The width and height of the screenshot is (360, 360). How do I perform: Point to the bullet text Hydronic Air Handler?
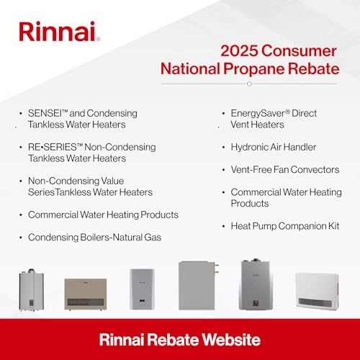coord(274,146)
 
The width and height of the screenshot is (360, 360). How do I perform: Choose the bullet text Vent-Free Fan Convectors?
coord(284,169)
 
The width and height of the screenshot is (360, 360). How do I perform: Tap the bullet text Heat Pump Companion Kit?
coord(286,226)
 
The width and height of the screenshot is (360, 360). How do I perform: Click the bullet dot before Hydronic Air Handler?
coord(222,146)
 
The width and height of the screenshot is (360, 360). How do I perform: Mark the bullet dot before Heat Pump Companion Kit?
coord(222,226)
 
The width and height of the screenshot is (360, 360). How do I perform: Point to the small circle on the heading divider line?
coord(248,84)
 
